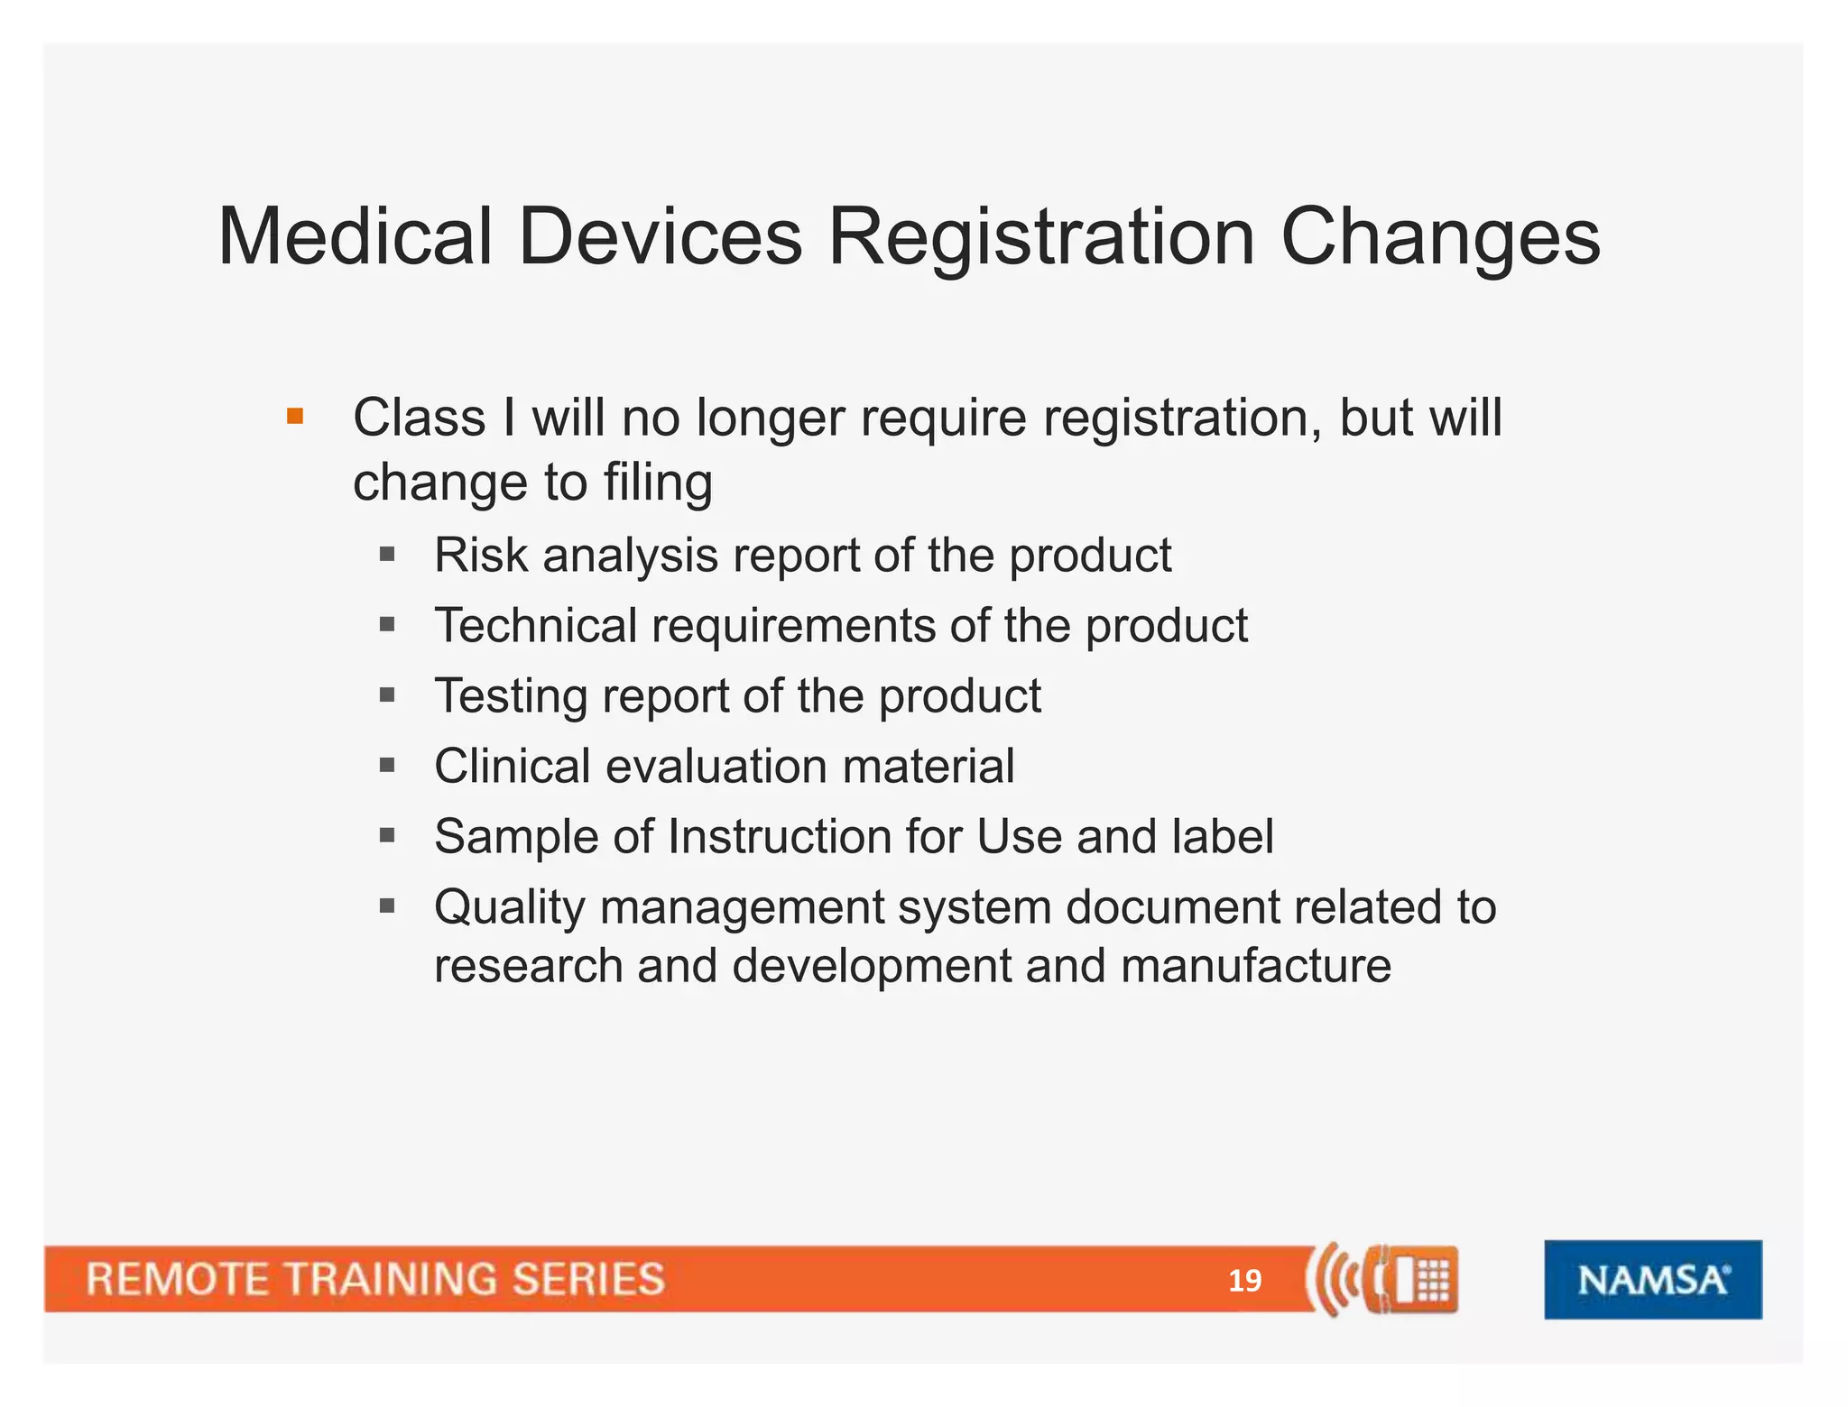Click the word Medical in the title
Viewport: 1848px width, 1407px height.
tap(355, 237)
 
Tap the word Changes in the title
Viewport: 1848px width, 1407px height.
tap(1440, 237)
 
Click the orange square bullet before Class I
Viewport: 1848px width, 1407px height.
tap(295, 417)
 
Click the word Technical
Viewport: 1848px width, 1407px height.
tap(535, 625)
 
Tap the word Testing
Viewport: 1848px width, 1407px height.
tap(510, 695)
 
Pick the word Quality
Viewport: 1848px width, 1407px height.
tap(509, 907)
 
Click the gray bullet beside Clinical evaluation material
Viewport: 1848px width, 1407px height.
tap(388, 766)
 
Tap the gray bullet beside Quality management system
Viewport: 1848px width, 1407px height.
tap(388, 906)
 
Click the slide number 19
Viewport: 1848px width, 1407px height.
tap(1244, 1281)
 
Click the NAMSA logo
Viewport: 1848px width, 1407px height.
tap(1652, 1279)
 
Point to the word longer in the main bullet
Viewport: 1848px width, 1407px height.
tap(770, 418)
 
